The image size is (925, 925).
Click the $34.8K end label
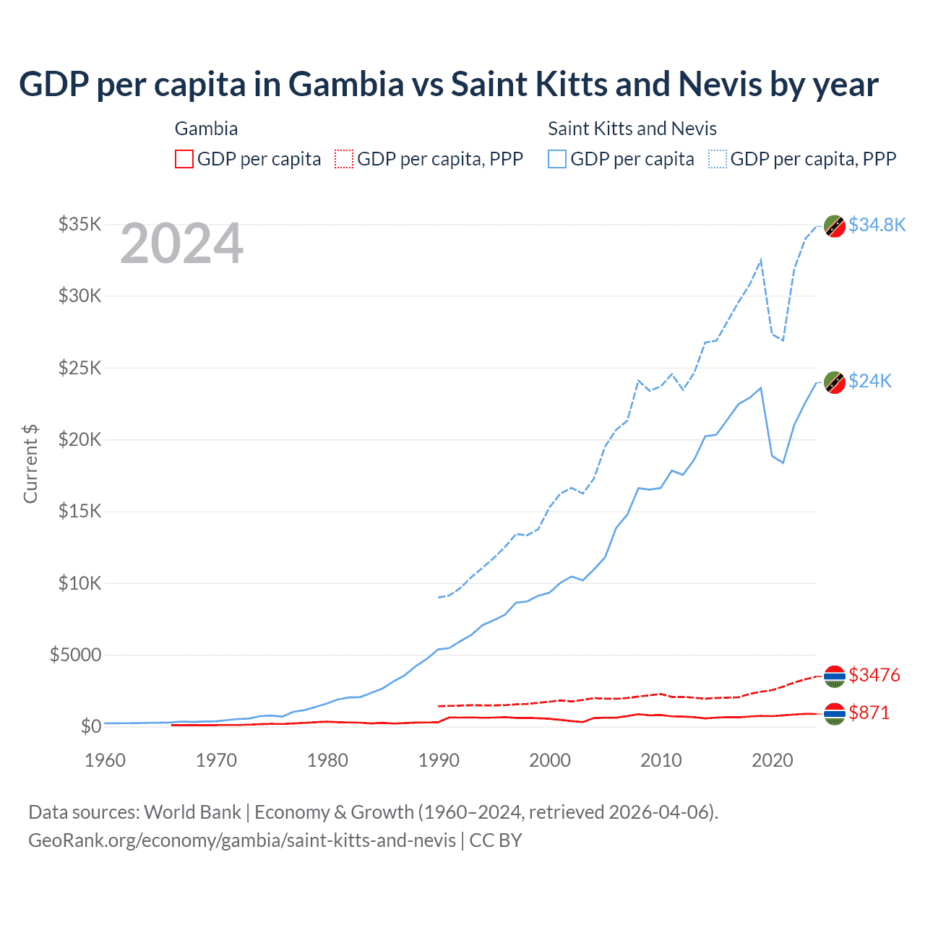point(877,225)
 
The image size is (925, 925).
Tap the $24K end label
point(870,381)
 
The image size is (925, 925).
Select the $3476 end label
point(874,675)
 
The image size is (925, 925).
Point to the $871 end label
point(869,713)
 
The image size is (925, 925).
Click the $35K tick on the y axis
point(79,224)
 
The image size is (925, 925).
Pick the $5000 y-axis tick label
point(75,655)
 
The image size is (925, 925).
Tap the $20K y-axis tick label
point(79,439)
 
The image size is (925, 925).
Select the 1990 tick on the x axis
point(439,760)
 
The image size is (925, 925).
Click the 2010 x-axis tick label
point(661,760)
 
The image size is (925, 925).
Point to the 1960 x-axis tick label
point(105,760)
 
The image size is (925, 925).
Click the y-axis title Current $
point(30,464)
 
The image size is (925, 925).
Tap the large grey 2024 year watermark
point(181,244)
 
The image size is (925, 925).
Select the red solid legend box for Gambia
point(184,159)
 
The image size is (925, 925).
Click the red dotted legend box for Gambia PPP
point(344,159)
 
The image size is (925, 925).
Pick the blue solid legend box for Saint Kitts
point(557,159)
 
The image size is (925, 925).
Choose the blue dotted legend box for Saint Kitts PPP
point(718,159)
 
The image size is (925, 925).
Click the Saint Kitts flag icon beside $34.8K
point(835,225)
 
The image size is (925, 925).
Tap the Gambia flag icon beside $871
point(835,713)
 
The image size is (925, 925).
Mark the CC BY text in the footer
point(496,840)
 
